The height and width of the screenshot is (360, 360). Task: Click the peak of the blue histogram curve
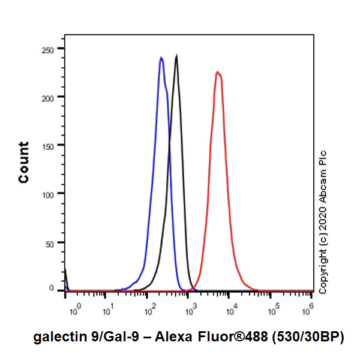(x=161, y=58)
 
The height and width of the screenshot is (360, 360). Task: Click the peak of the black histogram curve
(x=176, y=56)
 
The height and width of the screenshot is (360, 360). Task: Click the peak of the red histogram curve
(x=217, y=72)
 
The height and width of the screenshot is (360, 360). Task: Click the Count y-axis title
(x=24, y=163)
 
